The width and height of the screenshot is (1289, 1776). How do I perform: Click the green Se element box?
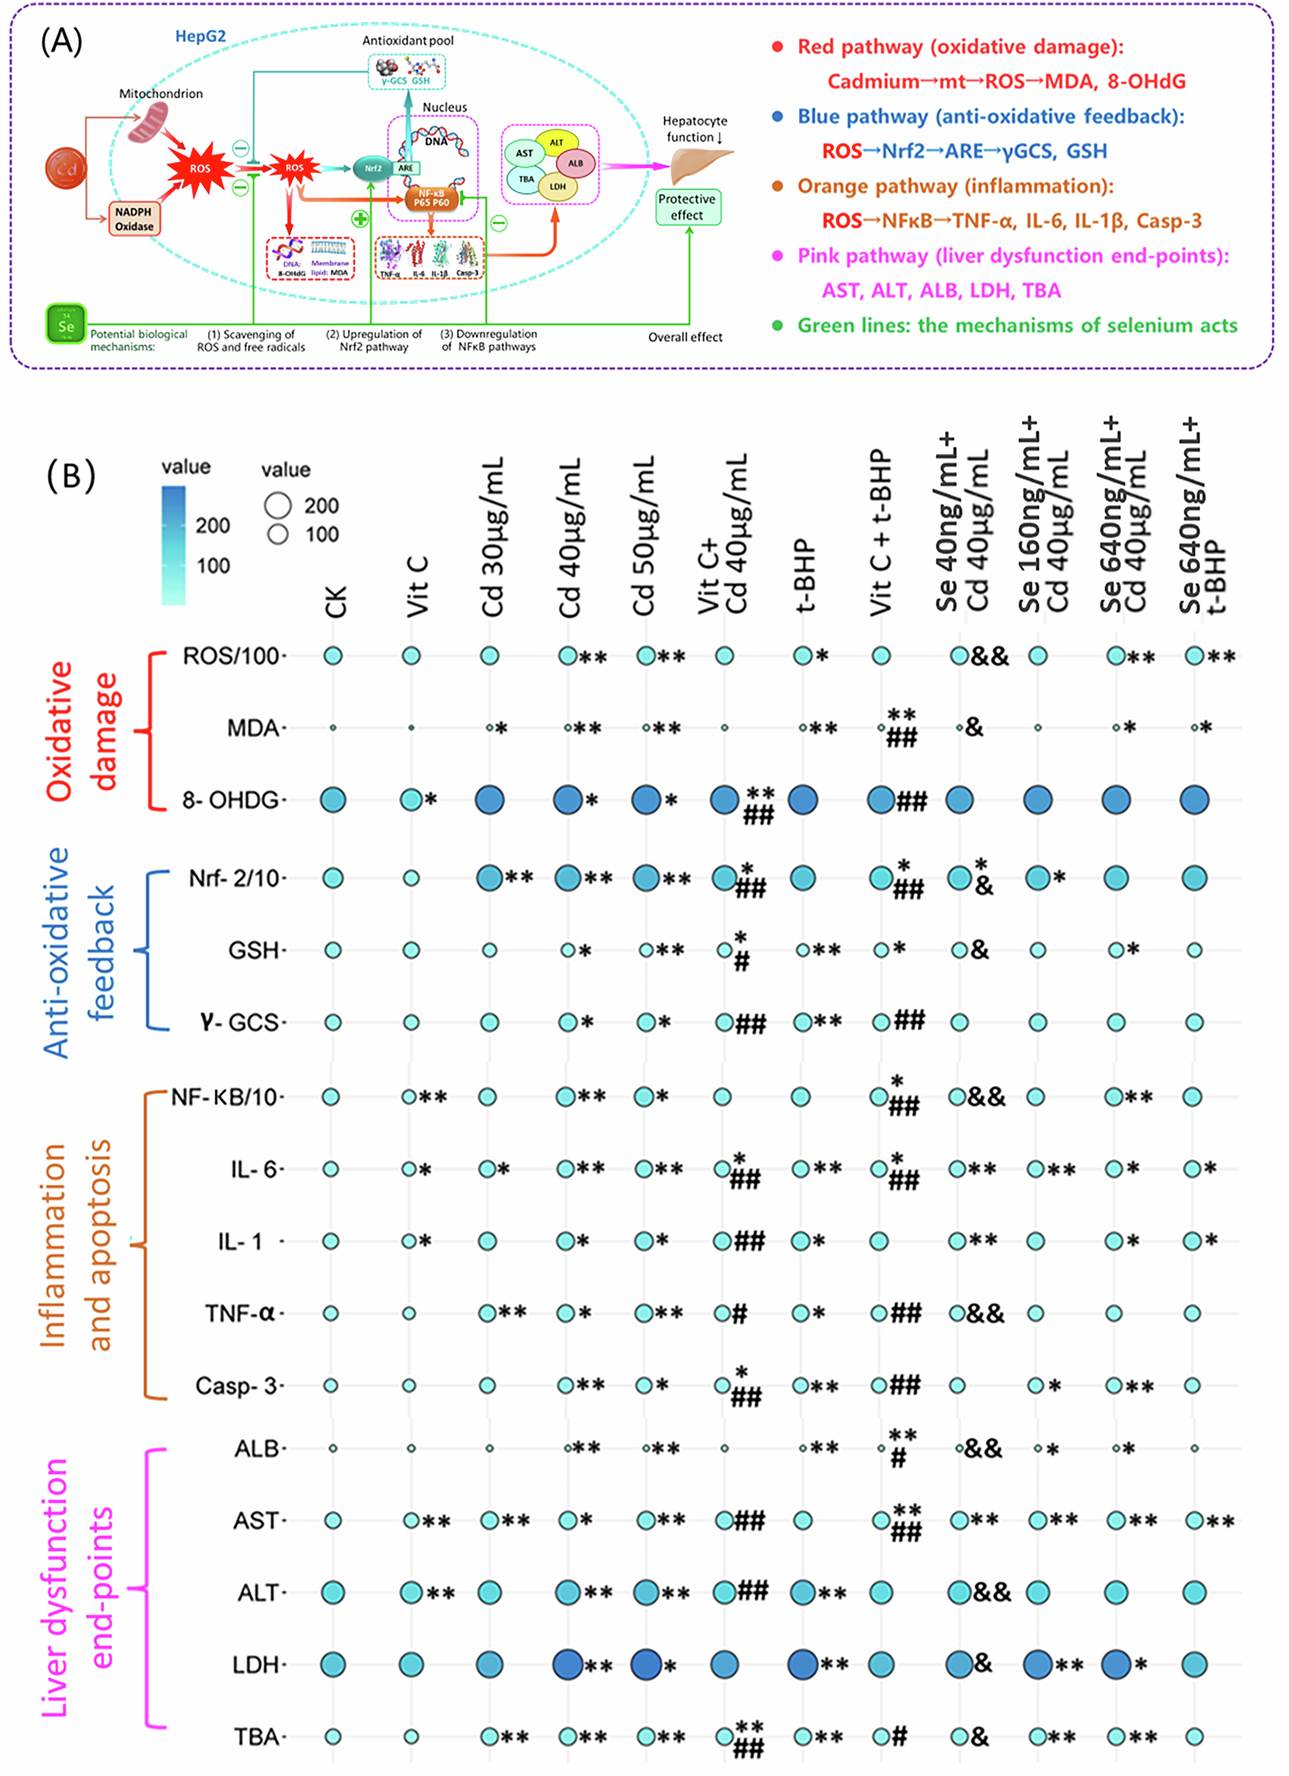click(x=66, y=324)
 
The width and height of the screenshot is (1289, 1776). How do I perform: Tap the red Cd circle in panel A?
click(x=66, y=168)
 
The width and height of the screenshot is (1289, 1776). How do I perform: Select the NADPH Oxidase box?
click(x=134, y=220)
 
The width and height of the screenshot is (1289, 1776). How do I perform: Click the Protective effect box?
click(x=687, y=207)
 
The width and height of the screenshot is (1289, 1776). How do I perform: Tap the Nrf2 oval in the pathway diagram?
click(x=373, y=168)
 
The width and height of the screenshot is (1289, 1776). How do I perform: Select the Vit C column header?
click(x=417, y=588)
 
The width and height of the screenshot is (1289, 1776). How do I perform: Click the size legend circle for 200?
click(x=278, y=506)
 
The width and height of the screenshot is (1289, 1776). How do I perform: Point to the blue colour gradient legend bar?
click(x=174, y=545)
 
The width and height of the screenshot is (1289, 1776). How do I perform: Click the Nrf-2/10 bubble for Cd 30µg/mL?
click(x=490, y=878)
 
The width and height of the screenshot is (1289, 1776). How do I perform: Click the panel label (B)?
click(x=71, y=475)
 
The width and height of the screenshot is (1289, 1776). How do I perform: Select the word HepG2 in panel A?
click(x=200, y=37)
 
